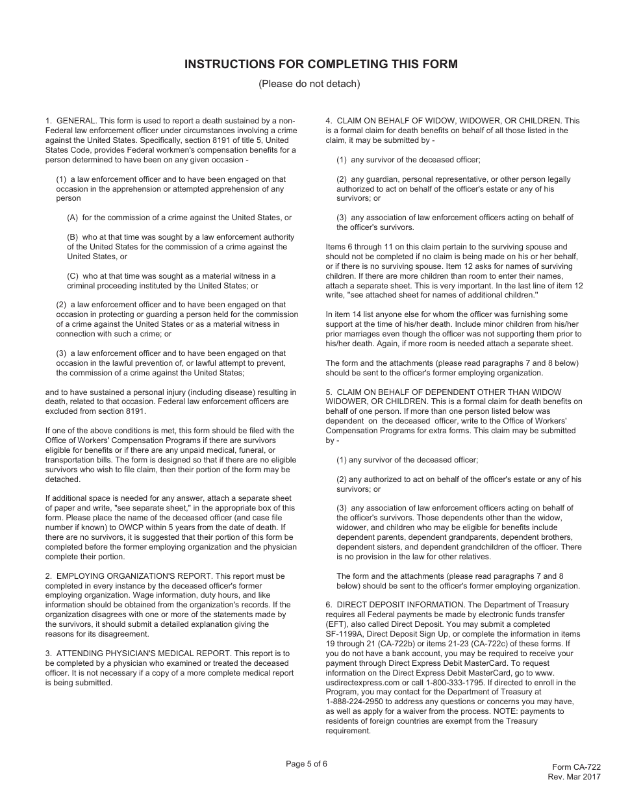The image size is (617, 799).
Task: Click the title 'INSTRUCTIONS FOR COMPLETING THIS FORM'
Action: click(321, 64)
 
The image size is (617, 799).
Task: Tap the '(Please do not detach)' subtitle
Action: click(308, 84)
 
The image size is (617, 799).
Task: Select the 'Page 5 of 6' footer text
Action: click(307, 764)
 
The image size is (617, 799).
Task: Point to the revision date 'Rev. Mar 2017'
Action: click(574, 777)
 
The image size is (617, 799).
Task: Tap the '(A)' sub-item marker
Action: click(73, 218)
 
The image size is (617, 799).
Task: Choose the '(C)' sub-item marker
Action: click(73, 276)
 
